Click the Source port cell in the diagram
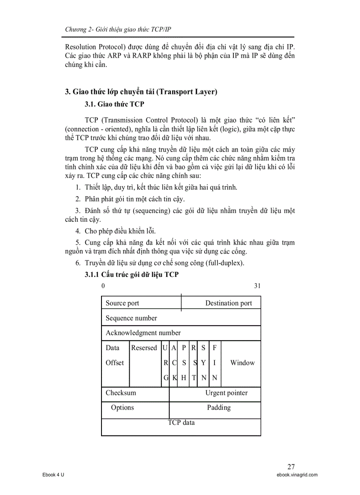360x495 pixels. tap(122, 303)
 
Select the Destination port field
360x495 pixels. tap(229, 303)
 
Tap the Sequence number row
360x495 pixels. tap(131, 318)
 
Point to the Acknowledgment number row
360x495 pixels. tap(143, 333)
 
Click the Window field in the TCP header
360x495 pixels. tap(242, 363)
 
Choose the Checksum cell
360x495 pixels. tap(121, 393)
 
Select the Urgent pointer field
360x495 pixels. tap(226, 393)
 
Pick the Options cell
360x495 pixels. tap(123, 408)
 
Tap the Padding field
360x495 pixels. tap(219, 408)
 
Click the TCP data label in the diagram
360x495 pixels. tap(181, 423)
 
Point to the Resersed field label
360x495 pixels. tap(144, 348)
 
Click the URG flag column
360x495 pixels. tap(165, 363)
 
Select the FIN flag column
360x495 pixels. tap(214, 363)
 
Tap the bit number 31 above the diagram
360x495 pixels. tap(257, 286)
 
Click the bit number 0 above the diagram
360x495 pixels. tap(103, 286)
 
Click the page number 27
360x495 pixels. tap(291, 466)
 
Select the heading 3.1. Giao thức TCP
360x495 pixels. tap(114, 104)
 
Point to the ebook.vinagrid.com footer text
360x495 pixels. tap(295, 475)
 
